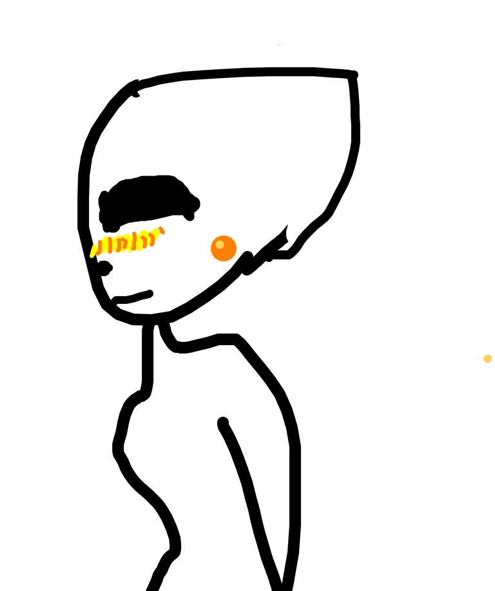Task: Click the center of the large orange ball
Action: (x=224, y=248)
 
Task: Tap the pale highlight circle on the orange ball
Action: (x=220, y=245)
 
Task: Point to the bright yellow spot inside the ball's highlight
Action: (x=219, y=244)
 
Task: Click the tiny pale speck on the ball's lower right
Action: (x=230, y=255)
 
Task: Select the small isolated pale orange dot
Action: (x=488, y=359)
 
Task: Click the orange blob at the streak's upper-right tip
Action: (x=162, y=230)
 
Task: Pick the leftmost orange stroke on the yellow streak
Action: (x=100, y=247)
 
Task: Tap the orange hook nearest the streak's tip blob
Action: (x=152, y=239)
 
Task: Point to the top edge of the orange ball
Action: (x=224, y=235)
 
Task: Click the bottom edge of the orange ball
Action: (x=224, y=261)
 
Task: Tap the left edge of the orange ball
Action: (x=211, y=248)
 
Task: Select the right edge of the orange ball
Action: (x=237, y=248)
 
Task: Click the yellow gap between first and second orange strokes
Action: (x=105, y=246)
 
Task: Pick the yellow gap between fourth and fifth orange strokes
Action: (x=139, y=241)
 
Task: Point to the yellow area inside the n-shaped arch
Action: (x=122, y=245)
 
